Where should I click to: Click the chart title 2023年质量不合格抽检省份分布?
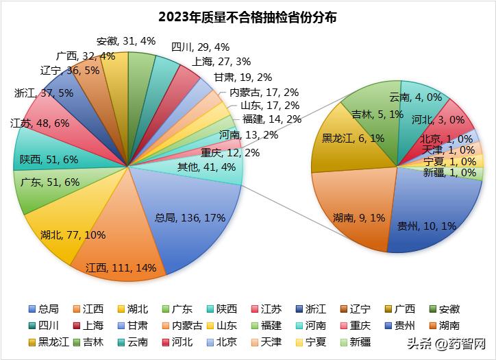pos(247,16)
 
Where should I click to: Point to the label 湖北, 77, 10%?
pos(73,235)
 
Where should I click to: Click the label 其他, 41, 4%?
pos(206,166)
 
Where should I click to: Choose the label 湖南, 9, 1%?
pos(354,217)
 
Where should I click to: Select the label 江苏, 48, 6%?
pos(40,123)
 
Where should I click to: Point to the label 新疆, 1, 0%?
pos(449,173)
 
